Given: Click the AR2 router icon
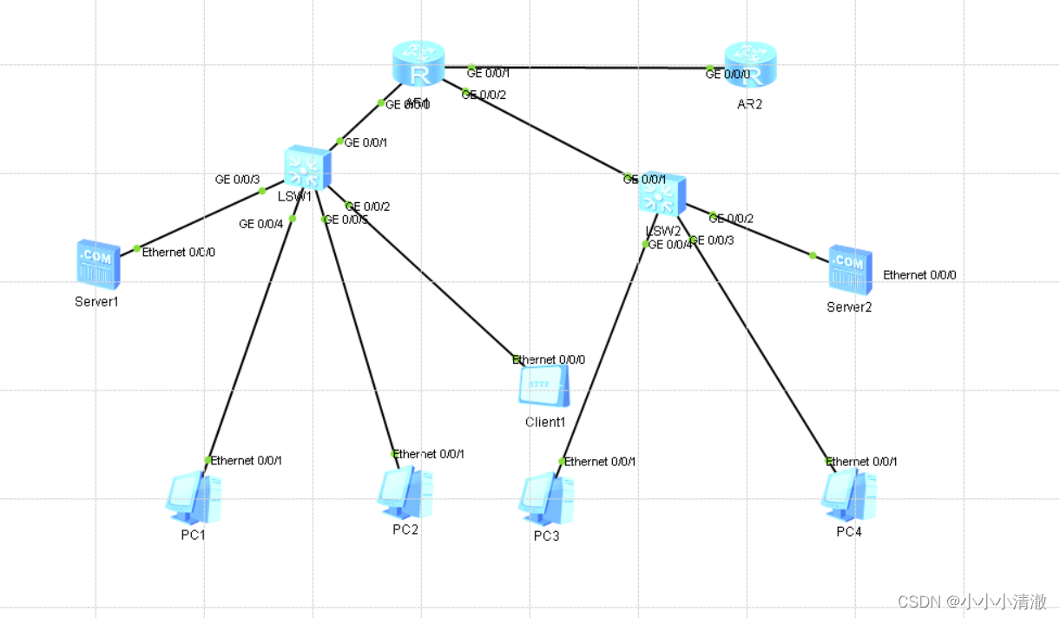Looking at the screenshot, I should (x=751, y=64).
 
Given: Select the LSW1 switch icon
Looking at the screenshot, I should (x=306, y=168).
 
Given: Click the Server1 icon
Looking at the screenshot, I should (x=96, y=264).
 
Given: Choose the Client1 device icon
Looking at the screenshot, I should (x=544, y=386).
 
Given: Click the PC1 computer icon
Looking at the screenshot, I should (x=193, y=496).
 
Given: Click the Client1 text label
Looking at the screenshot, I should (x=545, y=423).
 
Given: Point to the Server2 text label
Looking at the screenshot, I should (x=849, y=307).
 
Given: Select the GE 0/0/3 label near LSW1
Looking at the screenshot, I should (x=237, y=180).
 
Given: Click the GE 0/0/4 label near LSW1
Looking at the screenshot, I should (x=261, y=224).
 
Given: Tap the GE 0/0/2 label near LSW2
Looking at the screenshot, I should (x=732, y=219).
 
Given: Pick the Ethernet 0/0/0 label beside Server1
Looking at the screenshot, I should (x=179, y=253).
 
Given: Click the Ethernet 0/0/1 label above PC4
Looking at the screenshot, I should (x=862, y=462).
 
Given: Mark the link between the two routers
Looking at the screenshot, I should (x=590, y=68).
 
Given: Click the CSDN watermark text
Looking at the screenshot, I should (x=971, y=602).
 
